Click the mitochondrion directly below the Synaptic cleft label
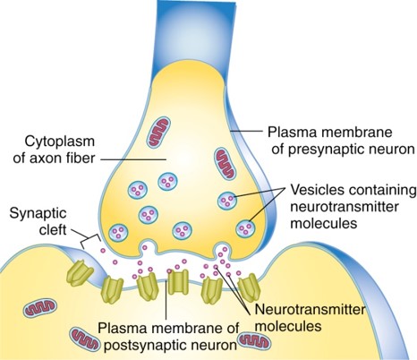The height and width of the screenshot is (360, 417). [x=39, y=309]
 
